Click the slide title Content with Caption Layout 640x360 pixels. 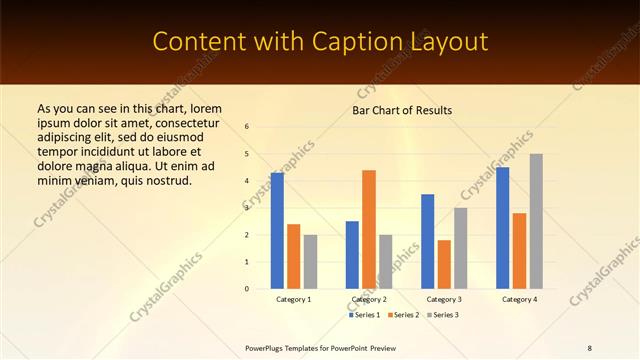[320, 42]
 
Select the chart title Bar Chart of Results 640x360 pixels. [402, 110]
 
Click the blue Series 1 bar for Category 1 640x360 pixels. [277, 230]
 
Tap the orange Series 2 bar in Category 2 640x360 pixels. [369, 229]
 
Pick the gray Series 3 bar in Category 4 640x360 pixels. [536, 221]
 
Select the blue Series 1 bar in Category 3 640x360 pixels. [428, 241]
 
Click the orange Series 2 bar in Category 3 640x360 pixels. [444, 264]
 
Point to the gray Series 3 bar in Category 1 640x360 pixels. [310, 261]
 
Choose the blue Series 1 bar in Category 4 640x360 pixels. [503, 227]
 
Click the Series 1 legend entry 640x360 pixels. [365, 315]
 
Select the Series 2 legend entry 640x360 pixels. [403, 315]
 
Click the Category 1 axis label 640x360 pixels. [294, 299]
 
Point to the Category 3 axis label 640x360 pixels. [444, 299]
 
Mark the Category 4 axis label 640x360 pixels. [519, 299]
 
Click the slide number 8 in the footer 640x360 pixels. [589, 347]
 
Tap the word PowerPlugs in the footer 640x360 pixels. [266, 347]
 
